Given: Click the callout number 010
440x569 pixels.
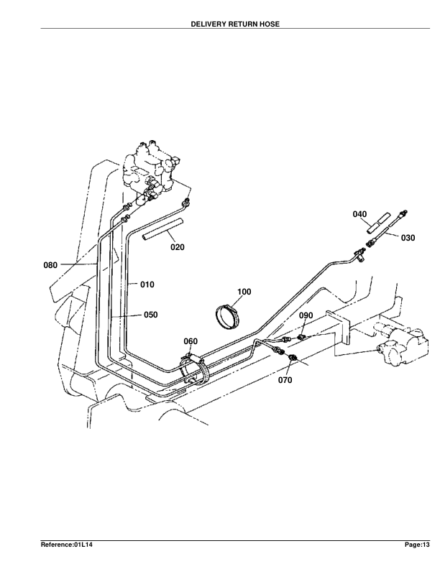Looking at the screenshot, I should pos(147,284).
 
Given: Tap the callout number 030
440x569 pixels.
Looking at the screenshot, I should pos(408,238).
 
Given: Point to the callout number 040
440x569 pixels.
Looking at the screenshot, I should pos(360,214).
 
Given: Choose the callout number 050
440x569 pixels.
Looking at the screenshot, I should pos(150,315).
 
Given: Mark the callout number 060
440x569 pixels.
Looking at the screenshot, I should pos(191,341).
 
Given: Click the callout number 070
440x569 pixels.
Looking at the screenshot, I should pos(285,381).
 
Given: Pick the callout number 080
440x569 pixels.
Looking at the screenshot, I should pos(50,265).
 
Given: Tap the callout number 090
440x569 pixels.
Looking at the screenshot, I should pos(306,315).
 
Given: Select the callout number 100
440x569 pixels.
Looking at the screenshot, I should pos(244,292).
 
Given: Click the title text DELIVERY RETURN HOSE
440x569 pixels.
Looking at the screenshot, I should pos(235,24).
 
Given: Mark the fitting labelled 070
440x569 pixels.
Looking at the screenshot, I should pos(294,358).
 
